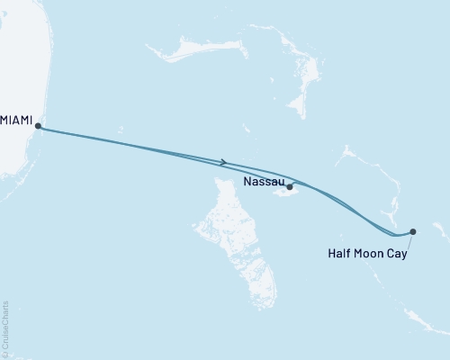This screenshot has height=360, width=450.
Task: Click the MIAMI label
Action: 17,118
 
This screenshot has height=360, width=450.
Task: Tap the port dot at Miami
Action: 38,127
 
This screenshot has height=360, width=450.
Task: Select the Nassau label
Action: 265,180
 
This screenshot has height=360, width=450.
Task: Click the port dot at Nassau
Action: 290,187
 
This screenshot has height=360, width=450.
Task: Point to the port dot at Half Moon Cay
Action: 413,231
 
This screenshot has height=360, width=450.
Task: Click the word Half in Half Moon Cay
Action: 339,254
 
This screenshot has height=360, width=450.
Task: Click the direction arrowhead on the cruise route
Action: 223,162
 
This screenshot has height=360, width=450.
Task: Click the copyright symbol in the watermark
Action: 5,352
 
